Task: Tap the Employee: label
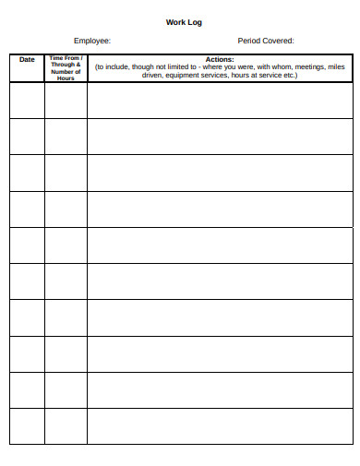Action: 92,41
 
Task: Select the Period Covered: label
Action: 266,41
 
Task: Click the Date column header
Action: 27,60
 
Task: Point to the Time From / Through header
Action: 66,61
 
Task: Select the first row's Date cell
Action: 27,101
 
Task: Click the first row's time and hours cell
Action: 66,101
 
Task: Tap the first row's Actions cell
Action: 219,101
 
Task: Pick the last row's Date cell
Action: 27,426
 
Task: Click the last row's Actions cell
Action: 219,426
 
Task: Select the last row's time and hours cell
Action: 66,426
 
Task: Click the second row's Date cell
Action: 27,137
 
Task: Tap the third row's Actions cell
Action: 219,173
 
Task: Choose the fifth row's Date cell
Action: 27,245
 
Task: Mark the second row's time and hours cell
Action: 66,137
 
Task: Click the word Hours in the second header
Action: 66,78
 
